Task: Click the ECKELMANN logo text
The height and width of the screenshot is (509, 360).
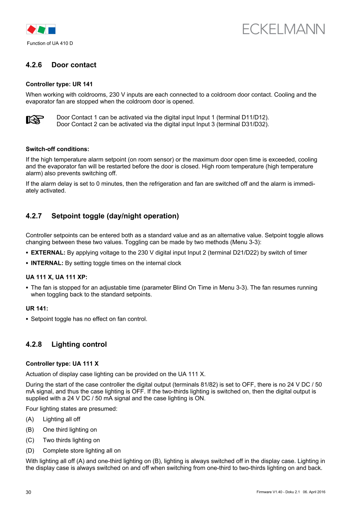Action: [283, 29]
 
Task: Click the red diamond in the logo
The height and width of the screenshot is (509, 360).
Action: [31, 29]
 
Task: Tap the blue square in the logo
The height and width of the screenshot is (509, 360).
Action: [52, 30]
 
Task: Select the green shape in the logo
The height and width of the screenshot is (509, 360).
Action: [41, 29]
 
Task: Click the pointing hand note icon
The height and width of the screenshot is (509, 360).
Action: [35, 120]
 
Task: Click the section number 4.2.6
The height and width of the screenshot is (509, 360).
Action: [34, 65]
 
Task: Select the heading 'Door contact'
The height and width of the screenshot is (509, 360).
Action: [74, 65]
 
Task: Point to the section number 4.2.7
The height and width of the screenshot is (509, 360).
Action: [34, 216]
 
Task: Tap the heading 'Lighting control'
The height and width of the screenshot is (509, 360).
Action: [79, 344]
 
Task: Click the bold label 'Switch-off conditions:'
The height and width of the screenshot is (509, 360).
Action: [58, 149]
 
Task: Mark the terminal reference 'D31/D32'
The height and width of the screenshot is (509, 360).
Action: [254, 124]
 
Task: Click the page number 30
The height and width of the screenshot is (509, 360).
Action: [29, 492]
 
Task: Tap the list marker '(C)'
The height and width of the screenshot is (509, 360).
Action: [30, 440]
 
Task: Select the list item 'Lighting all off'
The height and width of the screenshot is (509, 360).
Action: [62, 419]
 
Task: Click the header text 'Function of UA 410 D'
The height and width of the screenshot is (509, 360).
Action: [50, 43]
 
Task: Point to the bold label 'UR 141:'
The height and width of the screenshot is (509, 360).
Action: [37, 308]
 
